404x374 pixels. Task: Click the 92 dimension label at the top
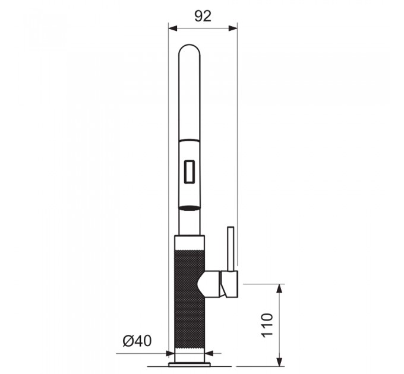point(203,16)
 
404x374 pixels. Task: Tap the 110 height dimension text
point(267,325)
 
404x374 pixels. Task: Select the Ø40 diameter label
point(137,341)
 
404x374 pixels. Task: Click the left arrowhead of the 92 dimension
point(173,28)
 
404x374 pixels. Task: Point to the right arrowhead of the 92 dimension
point(233,28)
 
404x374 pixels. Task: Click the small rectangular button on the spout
point(189,172)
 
